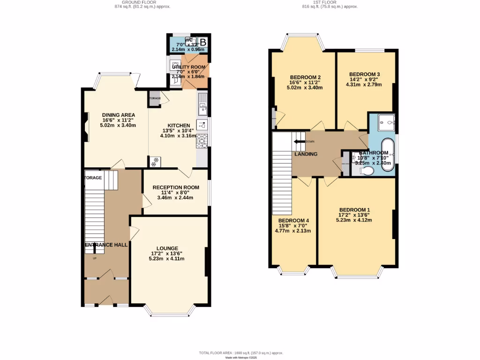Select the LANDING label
coord(306,154)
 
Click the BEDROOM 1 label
coord(354,210)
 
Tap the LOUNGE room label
coord(167,248)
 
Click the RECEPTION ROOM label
coord(176,187)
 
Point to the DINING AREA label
coord(119,115)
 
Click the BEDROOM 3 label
coord(364,75)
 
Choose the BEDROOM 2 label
coord(305,77)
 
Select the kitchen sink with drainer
coord(202,104)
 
